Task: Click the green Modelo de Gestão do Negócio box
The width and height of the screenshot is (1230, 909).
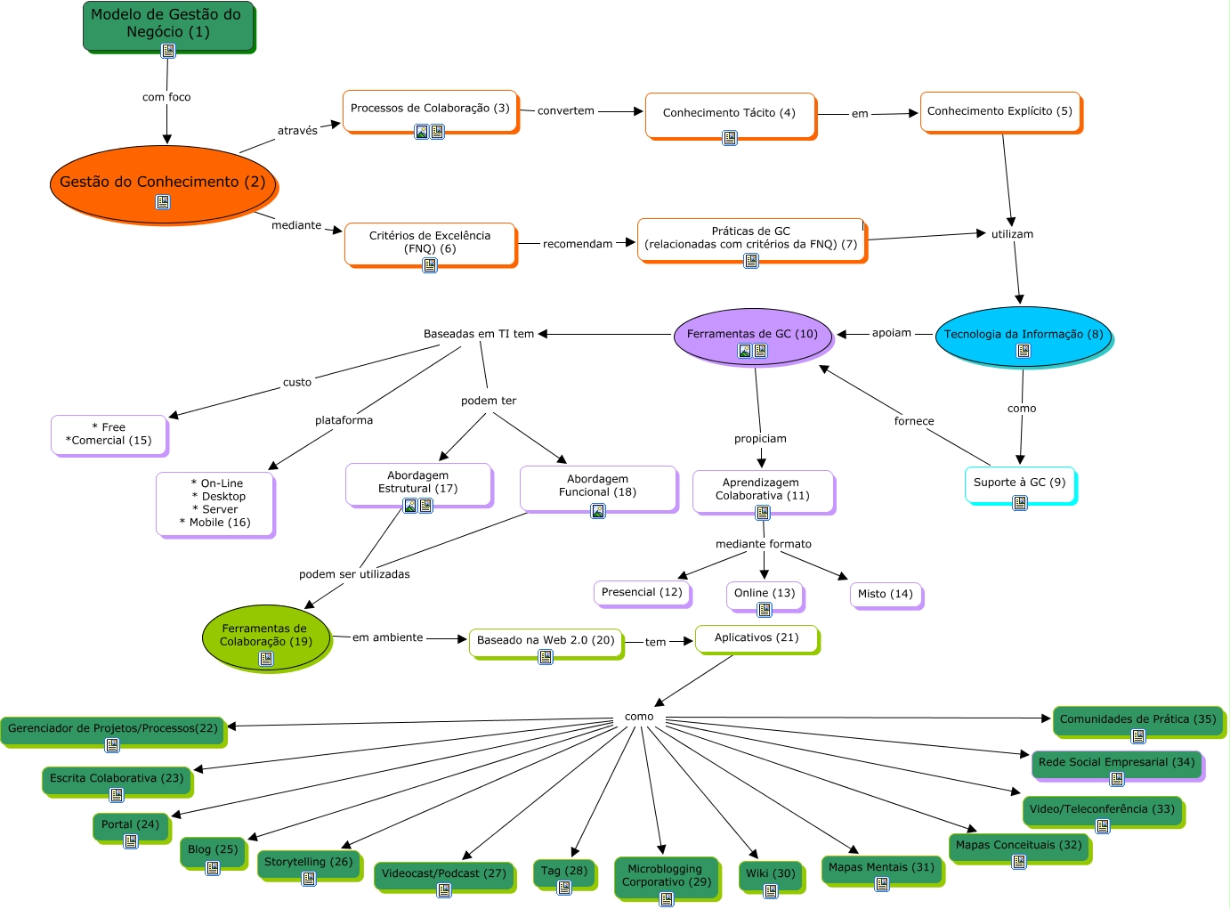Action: coord(167,24)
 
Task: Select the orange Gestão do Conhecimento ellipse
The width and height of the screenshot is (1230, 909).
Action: coord(163,183)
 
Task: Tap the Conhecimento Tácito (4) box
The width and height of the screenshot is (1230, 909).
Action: coord(729,114)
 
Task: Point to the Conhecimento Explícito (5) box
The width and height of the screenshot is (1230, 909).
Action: coord(999,111)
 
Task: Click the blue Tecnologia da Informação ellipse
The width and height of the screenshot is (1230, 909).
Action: coord(1023,335)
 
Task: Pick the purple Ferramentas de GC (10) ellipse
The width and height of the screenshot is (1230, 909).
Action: coord(752,335)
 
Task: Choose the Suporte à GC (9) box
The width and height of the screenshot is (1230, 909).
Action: coord(1019,483)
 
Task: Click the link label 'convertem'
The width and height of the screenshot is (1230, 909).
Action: coord(565,111)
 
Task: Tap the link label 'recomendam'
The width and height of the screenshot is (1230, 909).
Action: coord(578,244)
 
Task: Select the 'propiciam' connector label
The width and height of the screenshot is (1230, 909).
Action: coord(760,439)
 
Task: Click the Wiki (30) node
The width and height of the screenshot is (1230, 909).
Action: coord(771,873)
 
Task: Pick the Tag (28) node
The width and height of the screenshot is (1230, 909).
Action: coord(564,871)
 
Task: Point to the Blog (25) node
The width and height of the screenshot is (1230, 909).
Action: coord(213,850)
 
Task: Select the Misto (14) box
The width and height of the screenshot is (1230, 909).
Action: coord(885,594)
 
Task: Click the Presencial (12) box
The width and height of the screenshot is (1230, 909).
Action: coord(642,592)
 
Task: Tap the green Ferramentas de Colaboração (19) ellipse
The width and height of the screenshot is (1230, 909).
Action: coord(265,636)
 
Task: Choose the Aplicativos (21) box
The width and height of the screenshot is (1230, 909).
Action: coord(757,637)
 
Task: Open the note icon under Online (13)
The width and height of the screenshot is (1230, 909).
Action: coord(765,610)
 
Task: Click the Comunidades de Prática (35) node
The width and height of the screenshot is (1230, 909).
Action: coord(1137,719)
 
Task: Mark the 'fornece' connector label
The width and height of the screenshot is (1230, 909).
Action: coord(914,421)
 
